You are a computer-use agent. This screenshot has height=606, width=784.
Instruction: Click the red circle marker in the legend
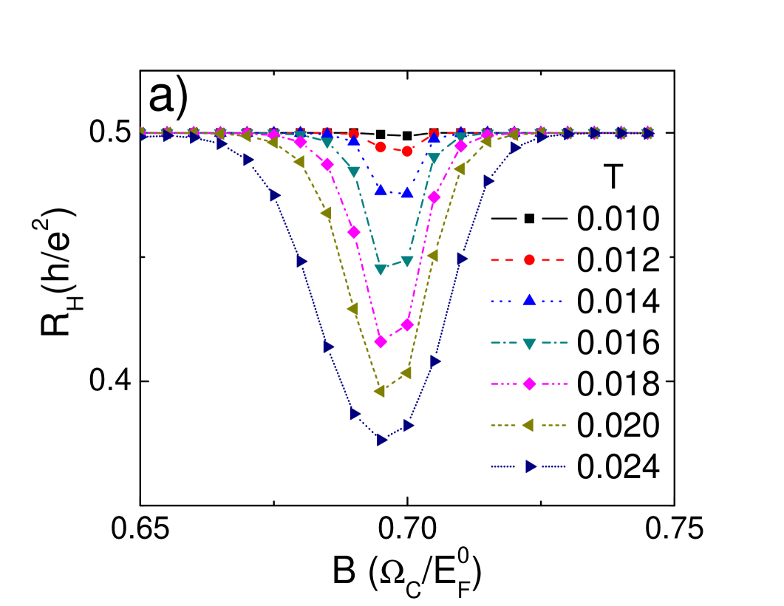[529, 260]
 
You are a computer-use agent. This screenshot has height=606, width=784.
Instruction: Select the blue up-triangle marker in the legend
[529, 300]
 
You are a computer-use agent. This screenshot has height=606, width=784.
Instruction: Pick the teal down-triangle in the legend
[529, 343]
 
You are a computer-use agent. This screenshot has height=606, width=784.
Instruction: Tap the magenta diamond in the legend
[529, 384]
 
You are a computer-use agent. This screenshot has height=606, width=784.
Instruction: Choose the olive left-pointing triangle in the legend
[528, 425]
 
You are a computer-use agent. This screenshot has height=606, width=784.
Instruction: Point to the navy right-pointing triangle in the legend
[531, 466]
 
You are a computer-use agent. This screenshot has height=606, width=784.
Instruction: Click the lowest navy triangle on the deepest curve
[382, 440]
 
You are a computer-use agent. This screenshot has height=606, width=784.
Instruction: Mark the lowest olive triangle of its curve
[380, 391]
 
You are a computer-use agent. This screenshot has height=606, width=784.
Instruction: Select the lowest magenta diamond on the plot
[381, 341]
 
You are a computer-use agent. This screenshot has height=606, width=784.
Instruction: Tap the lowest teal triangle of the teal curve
[381, 270]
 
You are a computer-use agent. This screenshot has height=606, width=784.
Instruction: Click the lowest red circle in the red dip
[407, 151]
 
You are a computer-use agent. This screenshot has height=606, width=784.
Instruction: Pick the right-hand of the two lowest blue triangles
[407, 193]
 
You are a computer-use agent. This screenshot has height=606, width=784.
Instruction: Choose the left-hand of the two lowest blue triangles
[381, 191]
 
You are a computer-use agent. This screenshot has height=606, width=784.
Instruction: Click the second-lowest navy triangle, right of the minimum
[409, 426]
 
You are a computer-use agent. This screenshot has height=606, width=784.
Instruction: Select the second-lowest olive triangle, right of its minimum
[406, 373]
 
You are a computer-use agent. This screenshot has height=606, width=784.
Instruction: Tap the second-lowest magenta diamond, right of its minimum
[407, 324]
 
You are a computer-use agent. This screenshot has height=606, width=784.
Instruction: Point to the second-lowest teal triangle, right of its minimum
[407, 261]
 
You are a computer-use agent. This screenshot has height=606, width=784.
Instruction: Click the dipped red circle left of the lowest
[381, 147]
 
